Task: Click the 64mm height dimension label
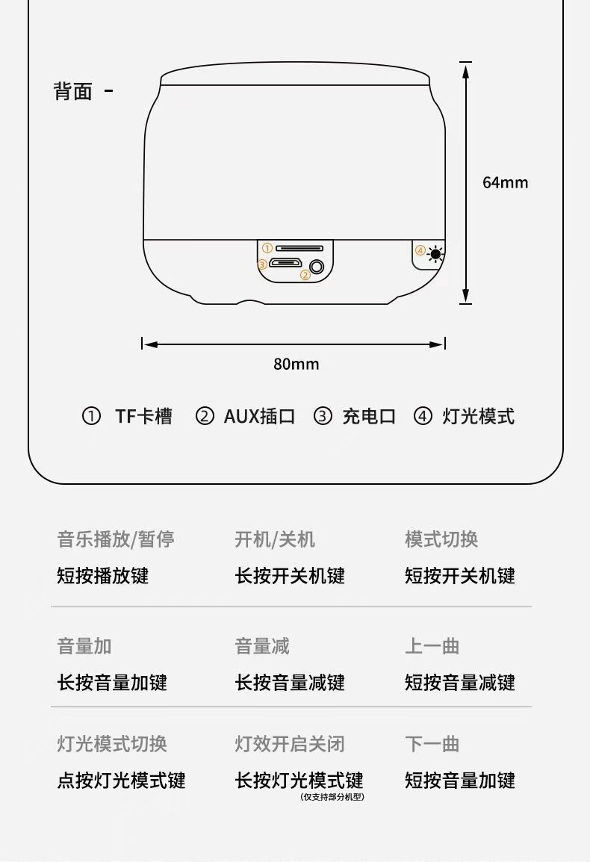(x=505, y=182)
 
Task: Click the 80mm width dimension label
(x=296, y=364)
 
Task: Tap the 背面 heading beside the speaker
(x=73, y=92)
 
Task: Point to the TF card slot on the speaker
(x=299, y=248)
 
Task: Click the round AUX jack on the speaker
(x=317, y=266)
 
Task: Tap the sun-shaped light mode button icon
(x=435, y=254)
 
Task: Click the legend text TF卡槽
(x=143, y=416)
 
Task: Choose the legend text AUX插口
(x=259, y=416)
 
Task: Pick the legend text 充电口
(x=369, y=416)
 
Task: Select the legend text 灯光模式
(x=478, y=416)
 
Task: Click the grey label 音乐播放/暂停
(x=116, y=539)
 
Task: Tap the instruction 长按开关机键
(x=290, y=576)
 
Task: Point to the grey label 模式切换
(x=441, y=539)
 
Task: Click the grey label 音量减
(x=262, y=646)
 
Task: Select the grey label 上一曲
(x=432, y=646)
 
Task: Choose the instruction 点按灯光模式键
(x=121, y=781)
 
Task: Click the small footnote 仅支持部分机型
(x=332, y=797)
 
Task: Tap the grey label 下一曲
(x=432, y=744)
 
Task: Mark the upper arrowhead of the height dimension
(x=466, y=70)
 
